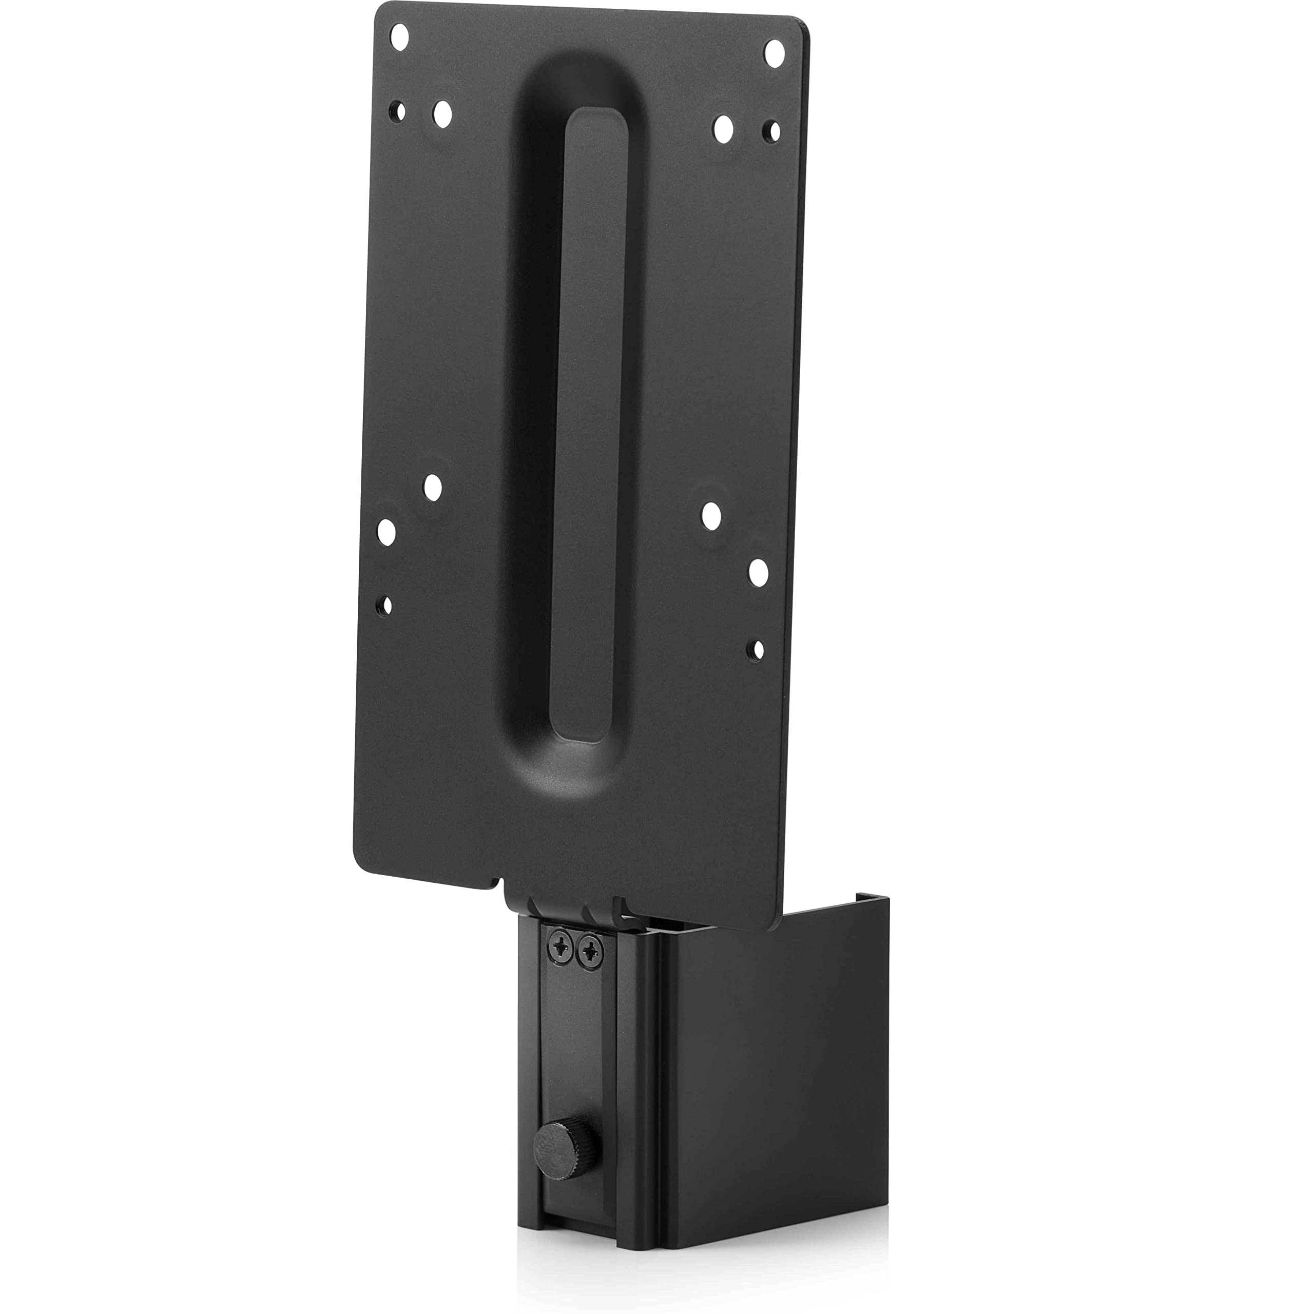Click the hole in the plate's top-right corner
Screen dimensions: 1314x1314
(775, 52)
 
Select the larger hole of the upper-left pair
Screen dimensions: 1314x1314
(442, 114)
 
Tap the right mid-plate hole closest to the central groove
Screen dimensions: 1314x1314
(712, 516)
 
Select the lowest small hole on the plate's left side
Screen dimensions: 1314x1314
(385, 604)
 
